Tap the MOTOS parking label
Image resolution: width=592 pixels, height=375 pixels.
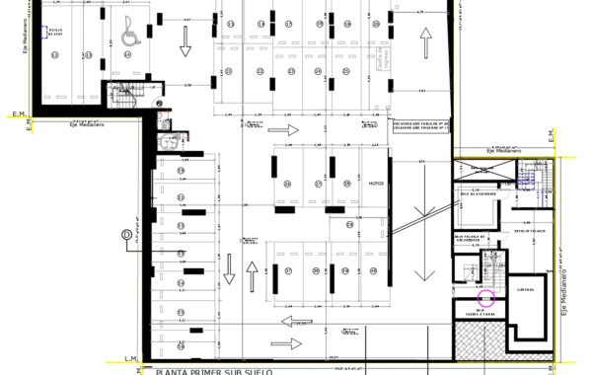tap(375, 184)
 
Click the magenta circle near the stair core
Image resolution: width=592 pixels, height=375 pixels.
tap(484, 297)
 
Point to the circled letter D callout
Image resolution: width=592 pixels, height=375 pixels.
tap(125, 234)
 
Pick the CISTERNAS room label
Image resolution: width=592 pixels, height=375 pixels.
tap(525, 289)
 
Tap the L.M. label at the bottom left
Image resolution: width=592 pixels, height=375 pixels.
tap(129, 358)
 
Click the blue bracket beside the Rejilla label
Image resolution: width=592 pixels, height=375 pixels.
tap(42, 32)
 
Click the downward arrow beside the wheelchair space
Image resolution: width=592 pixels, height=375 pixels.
tap(184, 40)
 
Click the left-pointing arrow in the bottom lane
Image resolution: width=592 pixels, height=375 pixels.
tap(292, 321)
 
